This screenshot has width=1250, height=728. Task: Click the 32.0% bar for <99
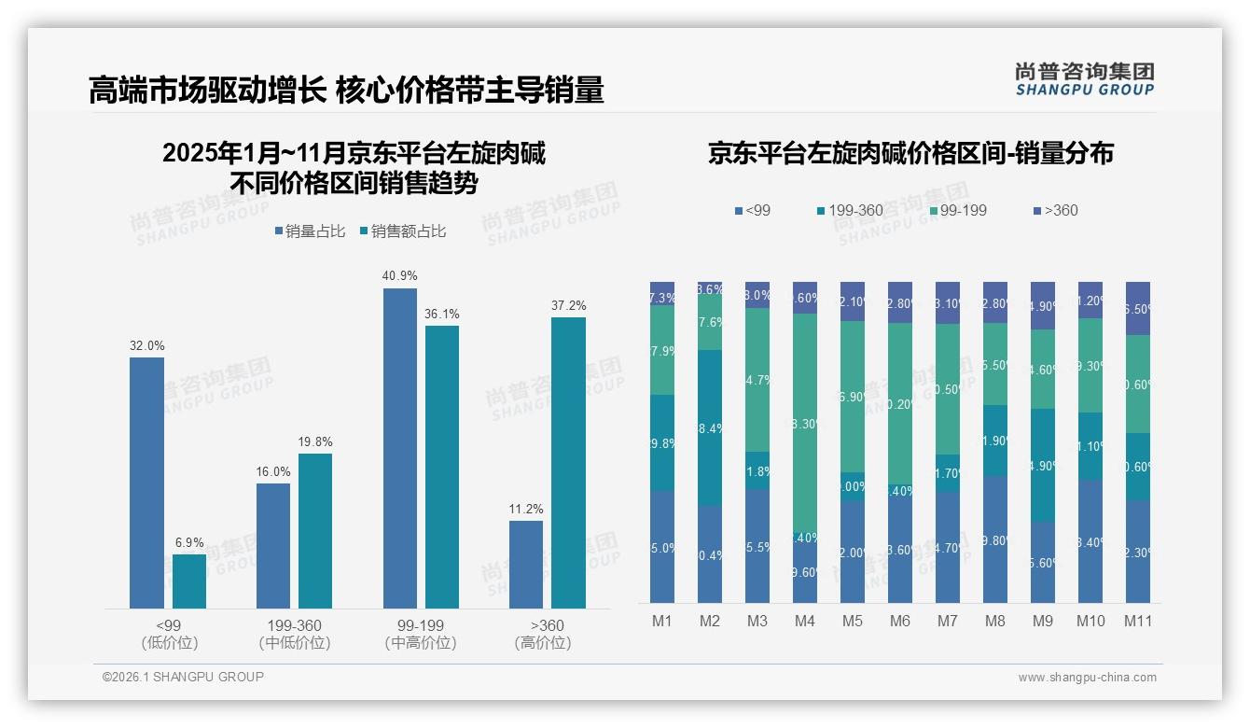coord(146,483)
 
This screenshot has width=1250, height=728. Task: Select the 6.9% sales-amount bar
coord(189,581)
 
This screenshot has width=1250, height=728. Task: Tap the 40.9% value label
coord(400,275)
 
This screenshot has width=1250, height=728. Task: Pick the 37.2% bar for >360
coord(568,463)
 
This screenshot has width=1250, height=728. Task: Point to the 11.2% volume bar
coord(526,565)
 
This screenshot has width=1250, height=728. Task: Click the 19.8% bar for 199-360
coord(315,531)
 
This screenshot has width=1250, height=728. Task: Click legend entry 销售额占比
coord(402,231)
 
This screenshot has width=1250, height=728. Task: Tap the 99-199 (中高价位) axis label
coord(420,634)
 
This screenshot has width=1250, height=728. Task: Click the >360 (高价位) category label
coord(547,634)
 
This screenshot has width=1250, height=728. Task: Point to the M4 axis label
coord(805,621)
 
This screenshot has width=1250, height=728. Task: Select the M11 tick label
coord(1138,621)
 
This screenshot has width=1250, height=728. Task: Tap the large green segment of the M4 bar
coord(805,423)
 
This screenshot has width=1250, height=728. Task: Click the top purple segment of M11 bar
coord(1138,308)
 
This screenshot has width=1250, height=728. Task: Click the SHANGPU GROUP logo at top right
coord(1084,79)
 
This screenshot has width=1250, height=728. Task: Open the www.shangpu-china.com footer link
coord(1087,678)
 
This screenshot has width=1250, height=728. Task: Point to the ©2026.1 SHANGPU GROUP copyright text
coord(183,677)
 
